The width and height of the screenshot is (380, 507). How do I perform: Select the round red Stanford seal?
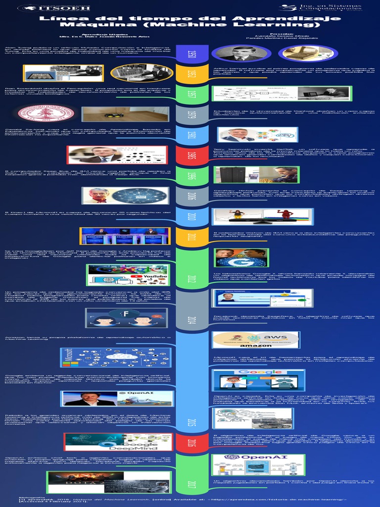pos(40,113)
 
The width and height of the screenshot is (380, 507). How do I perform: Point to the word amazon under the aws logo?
pos(256,345)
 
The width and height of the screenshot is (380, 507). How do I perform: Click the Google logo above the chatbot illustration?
pos(255,372)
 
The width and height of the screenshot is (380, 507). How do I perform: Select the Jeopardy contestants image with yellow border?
pos(125,236)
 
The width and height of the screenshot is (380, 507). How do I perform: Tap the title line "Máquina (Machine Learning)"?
pos(190,24)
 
